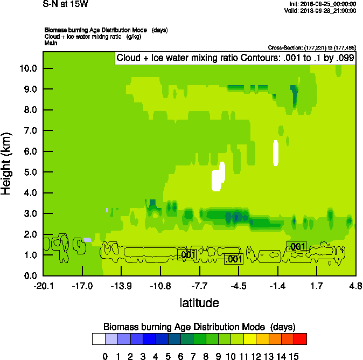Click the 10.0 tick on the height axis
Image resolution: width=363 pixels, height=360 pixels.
(28, 68)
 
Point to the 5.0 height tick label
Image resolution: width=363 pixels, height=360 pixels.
(28, 172)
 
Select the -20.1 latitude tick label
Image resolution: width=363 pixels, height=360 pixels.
(43, 285)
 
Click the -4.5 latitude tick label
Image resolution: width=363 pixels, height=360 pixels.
(239, 285)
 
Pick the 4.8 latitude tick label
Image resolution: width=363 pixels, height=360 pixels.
(355, 285)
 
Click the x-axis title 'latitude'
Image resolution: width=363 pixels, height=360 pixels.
(199, 303)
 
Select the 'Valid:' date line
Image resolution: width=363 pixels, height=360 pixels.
(320, 11)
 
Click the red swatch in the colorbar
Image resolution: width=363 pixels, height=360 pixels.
(301, 338)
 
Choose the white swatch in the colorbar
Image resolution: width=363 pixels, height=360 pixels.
(99, 338)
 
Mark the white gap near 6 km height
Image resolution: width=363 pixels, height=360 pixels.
(276, 152)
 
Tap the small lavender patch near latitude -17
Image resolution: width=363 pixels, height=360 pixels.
(87, 239)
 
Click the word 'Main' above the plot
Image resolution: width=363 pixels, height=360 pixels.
(51, 42)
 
